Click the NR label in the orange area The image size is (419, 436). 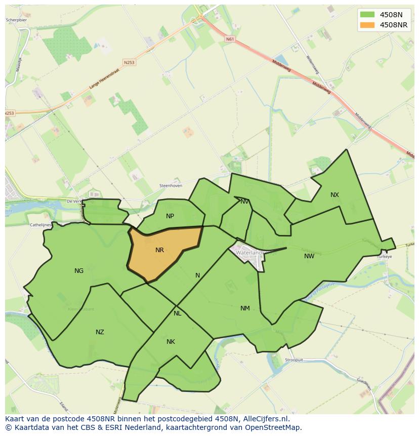click(159, 250)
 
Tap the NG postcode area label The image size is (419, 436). click(79, 271)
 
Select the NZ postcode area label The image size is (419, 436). click(100, 332)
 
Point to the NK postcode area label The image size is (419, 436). click(171, 342)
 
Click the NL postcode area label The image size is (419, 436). click(177, 313)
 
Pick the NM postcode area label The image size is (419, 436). click(245, 308)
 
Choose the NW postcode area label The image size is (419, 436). click(309, 256)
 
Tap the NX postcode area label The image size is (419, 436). click(334, 195)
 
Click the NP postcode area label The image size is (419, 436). click(170, 216)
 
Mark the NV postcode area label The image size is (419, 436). click(245, 202)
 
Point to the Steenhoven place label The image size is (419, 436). click(171, 186)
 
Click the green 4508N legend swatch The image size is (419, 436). click(367, 15)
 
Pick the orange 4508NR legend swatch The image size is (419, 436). click(367, 25)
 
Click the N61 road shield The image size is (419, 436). click(230, 39)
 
